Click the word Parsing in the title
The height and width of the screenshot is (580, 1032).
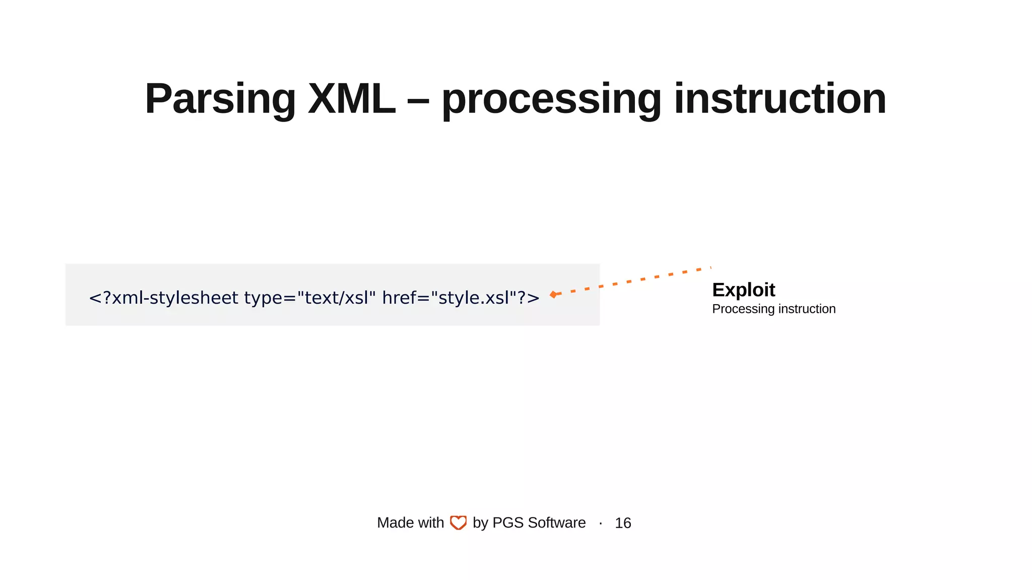[x=220, y=99]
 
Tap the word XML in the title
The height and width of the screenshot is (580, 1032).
[x=351, y=99]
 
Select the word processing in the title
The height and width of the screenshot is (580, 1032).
[x=551, y=99]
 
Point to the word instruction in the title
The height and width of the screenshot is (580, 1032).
[x=780, y=99]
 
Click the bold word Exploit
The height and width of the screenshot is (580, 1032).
[x=743, y=290]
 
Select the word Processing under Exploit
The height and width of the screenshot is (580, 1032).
[x=743, y=309]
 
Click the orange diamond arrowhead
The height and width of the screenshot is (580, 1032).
[x=553, y=295]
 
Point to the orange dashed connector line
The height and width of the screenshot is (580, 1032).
[x=635, y=280]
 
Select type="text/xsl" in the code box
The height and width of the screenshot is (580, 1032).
[x=310, y=298]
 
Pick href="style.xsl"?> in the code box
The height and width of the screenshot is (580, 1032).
[x=461, y=298]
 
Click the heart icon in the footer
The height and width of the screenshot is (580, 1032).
[x=458, y=523]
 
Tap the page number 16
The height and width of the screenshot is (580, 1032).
[x=623, y=523]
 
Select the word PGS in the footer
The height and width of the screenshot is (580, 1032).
[x=508, y=523]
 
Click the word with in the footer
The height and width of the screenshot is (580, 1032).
[x=431, y=523]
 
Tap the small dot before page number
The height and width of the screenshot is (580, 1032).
[x=601, y=524]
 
